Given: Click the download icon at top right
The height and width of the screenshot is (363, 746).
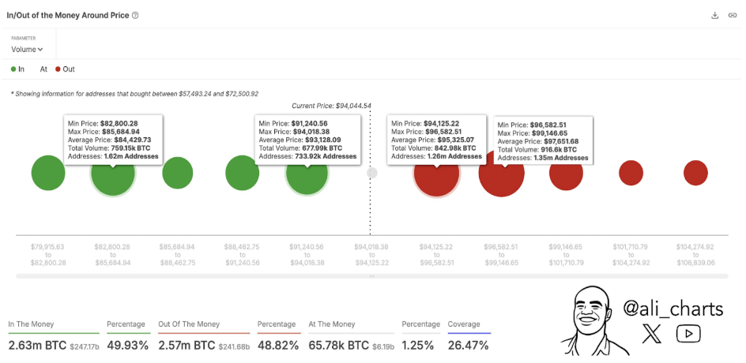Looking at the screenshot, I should (714, 15).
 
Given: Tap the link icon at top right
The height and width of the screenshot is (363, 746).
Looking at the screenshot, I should (732, 15).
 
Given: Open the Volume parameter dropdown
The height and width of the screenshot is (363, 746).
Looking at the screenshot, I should (27, 49).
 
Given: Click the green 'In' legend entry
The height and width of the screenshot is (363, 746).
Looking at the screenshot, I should (17, 69).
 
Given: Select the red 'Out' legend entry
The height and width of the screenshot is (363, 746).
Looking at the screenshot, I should (64, 69).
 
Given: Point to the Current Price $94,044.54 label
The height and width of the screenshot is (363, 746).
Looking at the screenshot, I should (331, 106).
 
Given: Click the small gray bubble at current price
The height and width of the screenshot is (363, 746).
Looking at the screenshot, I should (372, 173).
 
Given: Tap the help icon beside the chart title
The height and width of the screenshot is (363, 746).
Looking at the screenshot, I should (136, 15).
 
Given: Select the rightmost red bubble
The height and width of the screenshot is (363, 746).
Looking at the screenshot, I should (695, 173).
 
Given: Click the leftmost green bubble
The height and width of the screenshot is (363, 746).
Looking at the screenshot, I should (48, 173).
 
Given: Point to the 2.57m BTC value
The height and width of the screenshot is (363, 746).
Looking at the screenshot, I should (186, 346).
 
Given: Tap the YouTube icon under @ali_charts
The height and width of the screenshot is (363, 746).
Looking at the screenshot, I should (688, 335).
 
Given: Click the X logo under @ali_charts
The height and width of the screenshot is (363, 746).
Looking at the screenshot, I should (653, 335).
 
